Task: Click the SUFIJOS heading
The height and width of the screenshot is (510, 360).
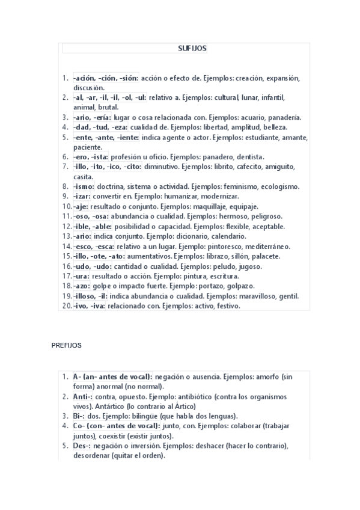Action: (192, 49)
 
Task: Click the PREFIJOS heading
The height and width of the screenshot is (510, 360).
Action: (67, 346)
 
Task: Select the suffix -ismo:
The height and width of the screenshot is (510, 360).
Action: (84, 187)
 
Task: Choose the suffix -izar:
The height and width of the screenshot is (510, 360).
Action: (82, 197)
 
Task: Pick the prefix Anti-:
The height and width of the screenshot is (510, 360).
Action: (83, 397)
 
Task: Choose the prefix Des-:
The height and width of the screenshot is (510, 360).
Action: (84, 446)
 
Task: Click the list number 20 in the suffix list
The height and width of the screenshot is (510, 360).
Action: (67, 306)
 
